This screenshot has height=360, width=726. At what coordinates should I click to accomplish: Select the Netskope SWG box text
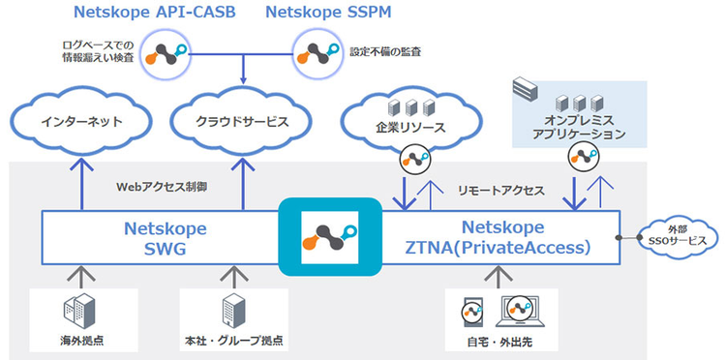(x=162, y=237)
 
